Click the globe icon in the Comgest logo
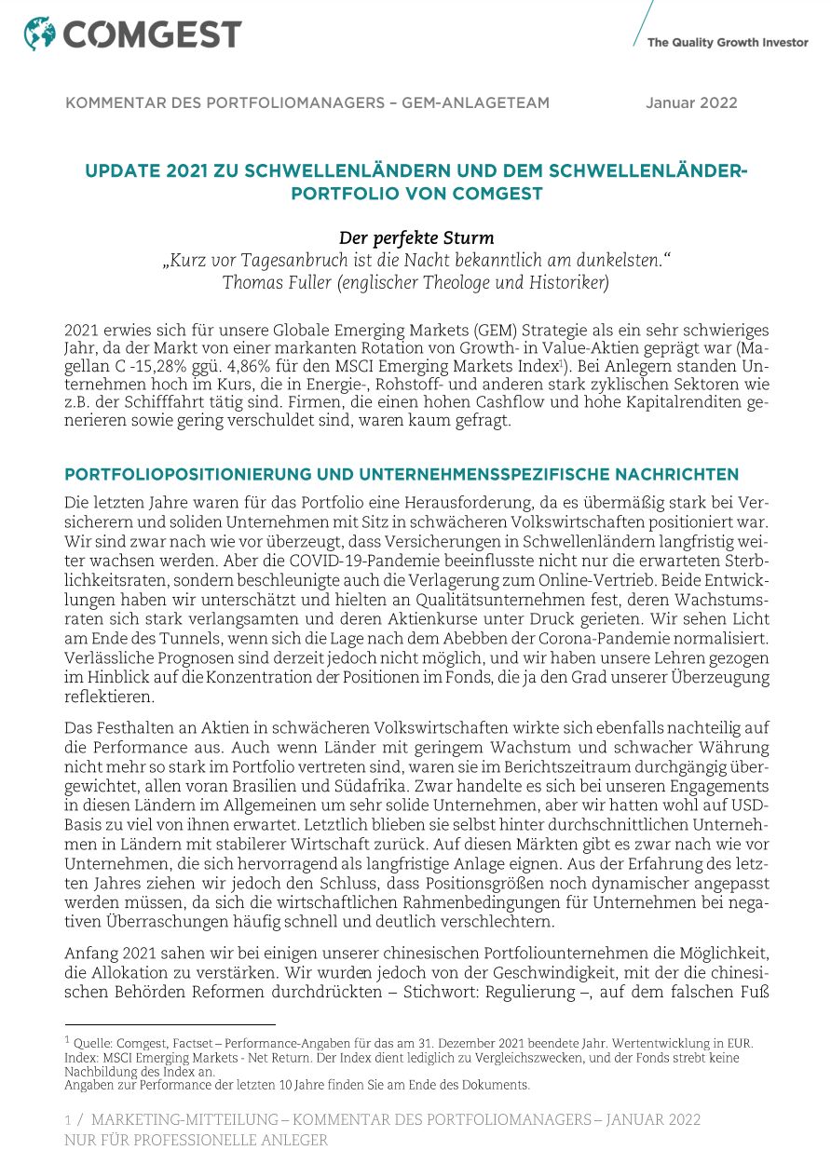(40, 34)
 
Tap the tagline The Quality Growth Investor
(727, 42)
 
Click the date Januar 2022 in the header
(691, 103)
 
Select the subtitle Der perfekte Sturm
(415, 238)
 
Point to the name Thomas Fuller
(272, 282)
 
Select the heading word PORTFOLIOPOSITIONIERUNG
(193, 475)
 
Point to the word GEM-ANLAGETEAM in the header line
(475, 103)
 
